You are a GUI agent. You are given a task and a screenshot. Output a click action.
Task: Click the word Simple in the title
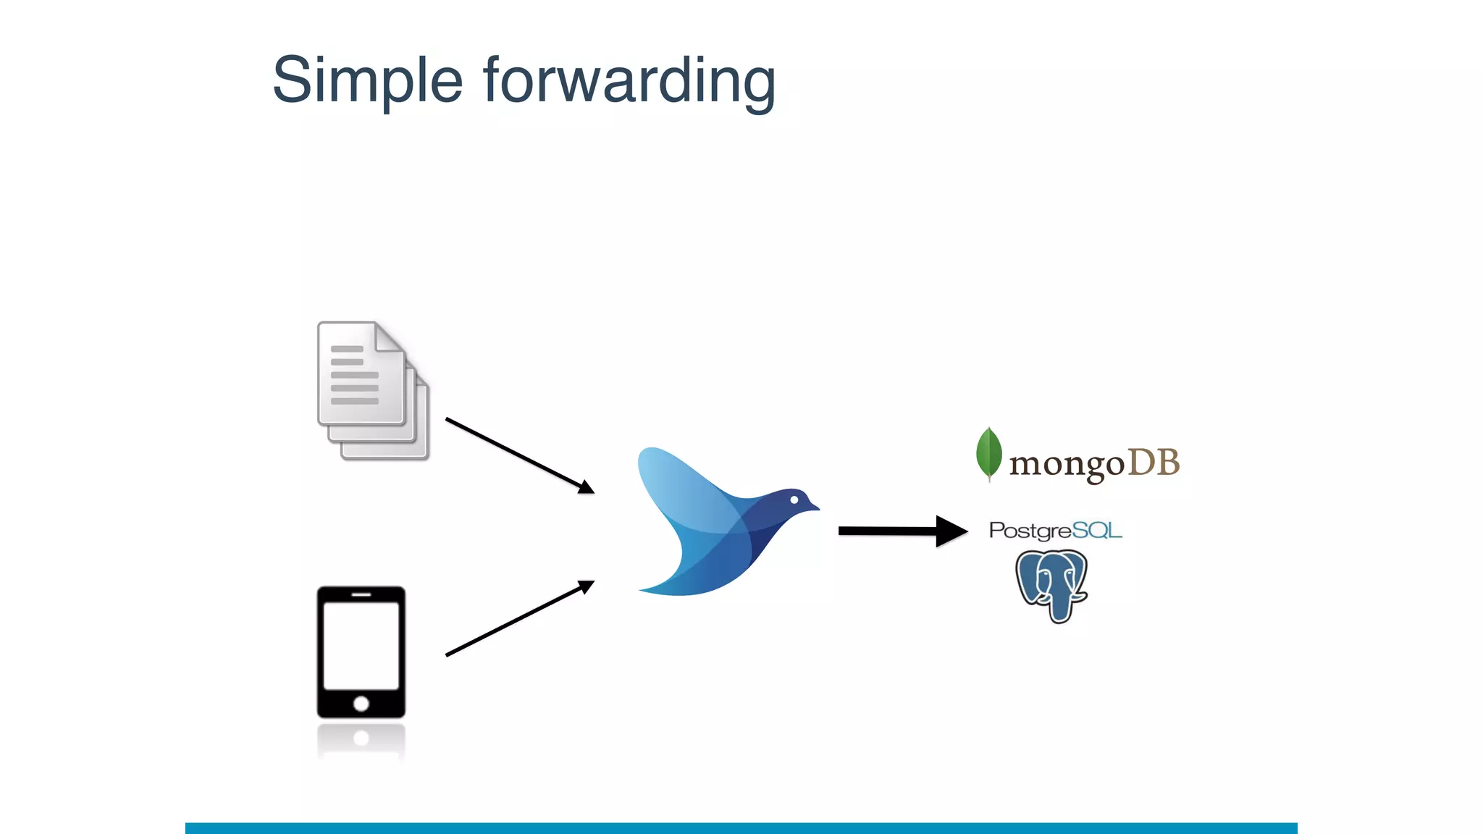367,81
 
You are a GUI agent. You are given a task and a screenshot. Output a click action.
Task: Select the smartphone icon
361,652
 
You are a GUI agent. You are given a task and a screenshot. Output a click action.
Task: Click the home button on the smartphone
361,703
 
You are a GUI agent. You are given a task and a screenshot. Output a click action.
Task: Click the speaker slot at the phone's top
361,594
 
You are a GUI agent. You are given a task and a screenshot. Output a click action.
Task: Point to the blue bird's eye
794,500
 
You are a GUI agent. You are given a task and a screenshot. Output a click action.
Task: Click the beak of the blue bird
813,506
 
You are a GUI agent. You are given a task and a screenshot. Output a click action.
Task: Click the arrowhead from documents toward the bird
586,487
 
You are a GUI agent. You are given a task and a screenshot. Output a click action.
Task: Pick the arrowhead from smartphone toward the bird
586,586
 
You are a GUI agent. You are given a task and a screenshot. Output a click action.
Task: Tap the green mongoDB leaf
988,453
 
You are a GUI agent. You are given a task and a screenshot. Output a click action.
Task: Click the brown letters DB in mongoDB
1154,463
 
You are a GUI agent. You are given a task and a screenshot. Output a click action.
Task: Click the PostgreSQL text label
1055,531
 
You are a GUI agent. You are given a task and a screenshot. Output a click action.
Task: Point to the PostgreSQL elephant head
1052,583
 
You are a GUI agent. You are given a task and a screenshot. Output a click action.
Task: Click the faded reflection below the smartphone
361,740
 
